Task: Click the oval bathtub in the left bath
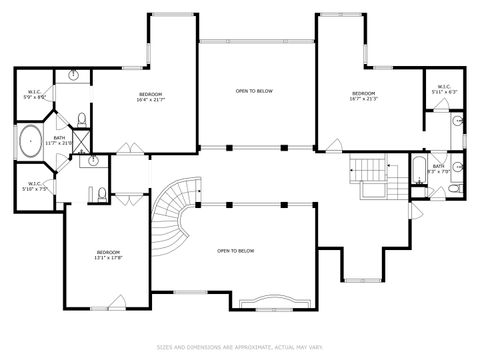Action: coord(30,141)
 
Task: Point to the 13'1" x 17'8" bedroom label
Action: coord(108,254)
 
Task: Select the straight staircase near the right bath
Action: coord(371,172)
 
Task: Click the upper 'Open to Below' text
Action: coord(255,91)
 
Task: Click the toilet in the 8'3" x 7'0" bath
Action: coord(453,187)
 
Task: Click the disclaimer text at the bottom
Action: coord(239,347)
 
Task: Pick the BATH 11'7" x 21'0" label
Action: coord(60,140)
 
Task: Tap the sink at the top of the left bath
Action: coord(74,76)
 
